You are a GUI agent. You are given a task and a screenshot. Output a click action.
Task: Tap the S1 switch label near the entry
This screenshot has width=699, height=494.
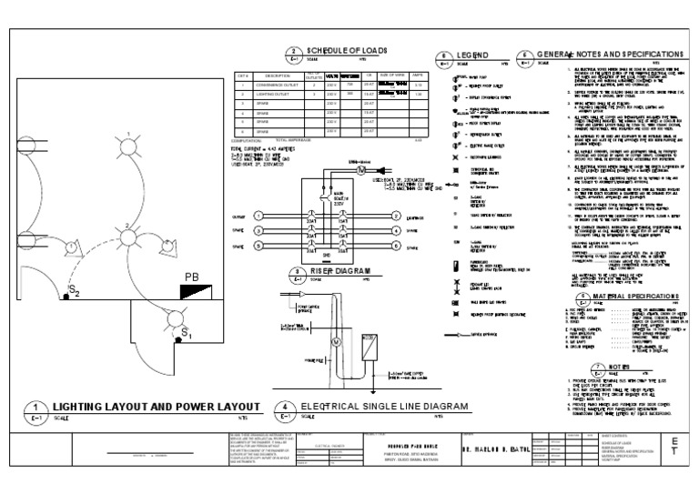187,335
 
